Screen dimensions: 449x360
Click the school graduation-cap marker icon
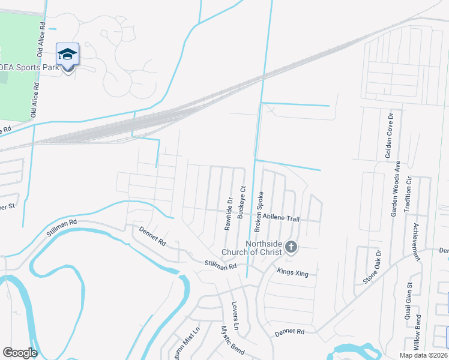[68, 55]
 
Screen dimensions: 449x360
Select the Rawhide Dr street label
[229, 213]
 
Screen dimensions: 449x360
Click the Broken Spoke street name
[260, 212]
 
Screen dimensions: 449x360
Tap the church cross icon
[291, 247]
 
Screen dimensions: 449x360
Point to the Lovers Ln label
[235, 316]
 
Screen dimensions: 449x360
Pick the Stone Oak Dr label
[372, 268]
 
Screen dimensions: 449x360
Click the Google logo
[20, 353]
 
